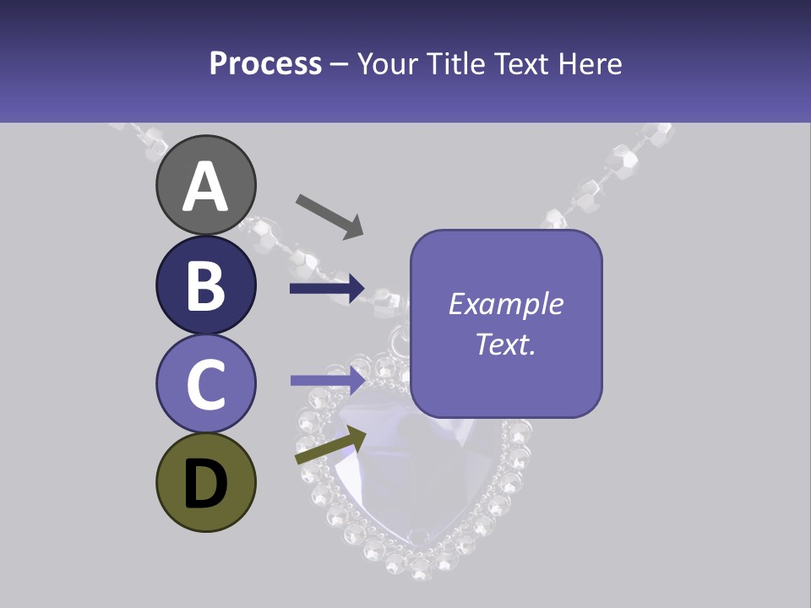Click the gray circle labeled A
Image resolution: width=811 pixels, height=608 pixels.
point(206,185)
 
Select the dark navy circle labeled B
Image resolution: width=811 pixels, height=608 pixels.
point(206,285)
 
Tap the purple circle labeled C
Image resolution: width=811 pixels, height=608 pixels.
point(206,383)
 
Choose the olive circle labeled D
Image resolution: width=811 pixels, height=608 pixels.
point(206,482)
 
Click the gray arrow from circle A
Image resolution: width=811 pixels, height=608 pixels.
point(329,216)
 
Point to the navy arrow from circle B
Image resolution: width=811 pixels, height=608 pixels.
point(327,289)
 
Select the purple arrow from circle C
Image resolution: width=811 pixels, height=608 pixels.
point(327,380)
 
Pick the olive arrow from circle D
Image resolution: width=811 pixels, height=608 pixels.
point(330,445)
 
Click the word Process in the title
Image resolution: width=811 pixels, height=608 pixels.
point(265,63)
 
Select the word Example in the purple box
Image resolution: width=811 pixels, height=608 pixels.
point(505,304)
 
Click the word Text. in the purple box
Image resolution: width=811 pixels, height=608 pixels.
point(505,344)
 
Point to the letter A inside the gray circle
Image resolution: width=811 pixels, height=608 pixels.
point(206,187)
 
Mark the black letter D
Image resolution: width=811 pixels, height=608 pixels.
point(206,484)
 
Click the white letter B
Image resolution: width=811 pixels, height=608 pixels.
point(206,286)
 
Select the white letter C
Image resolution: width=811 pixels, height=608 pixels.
point(206,385)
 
